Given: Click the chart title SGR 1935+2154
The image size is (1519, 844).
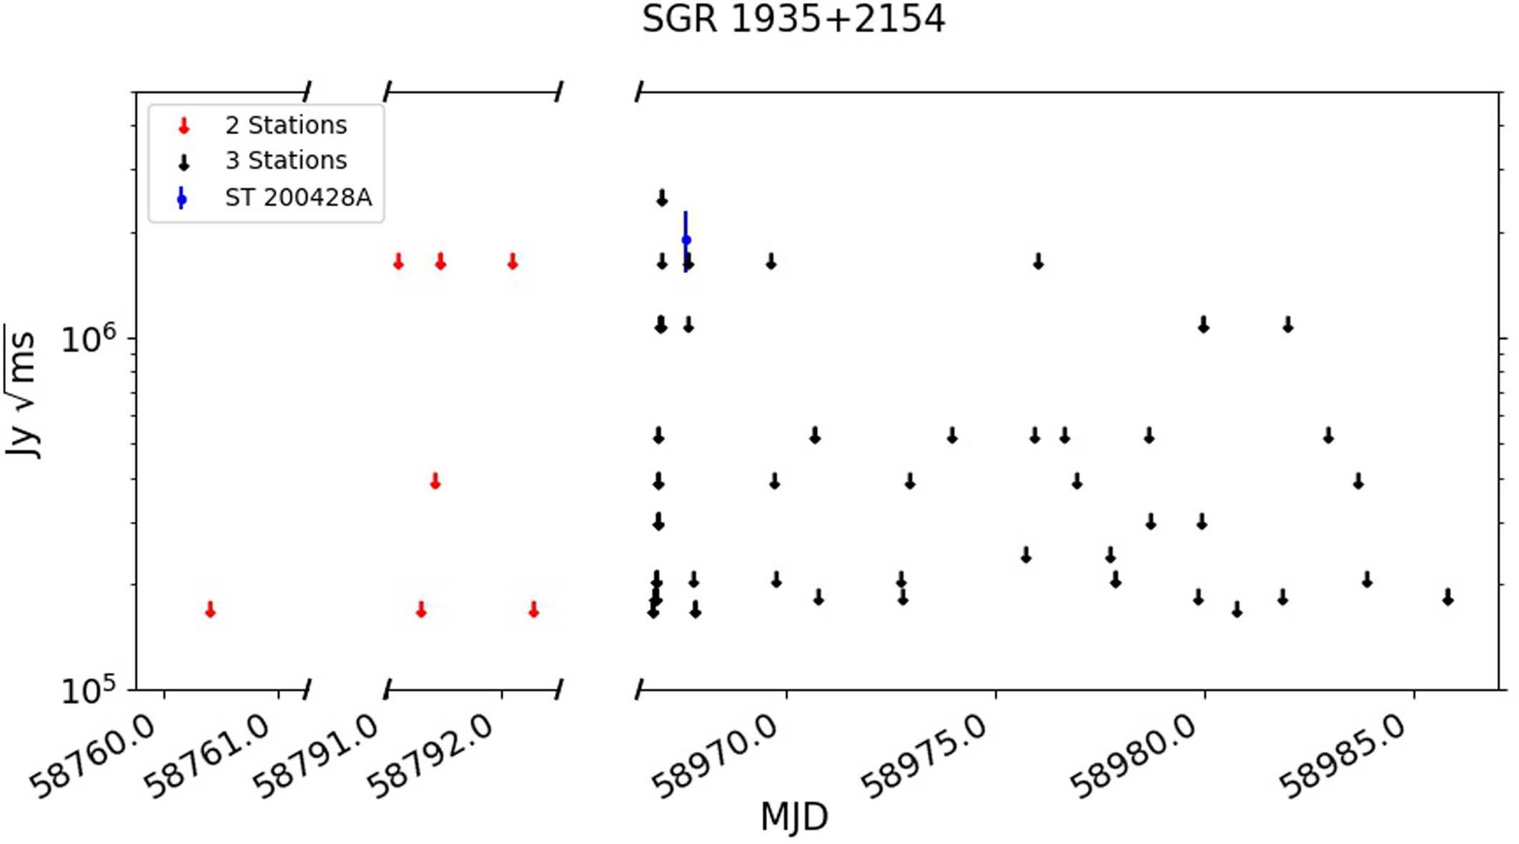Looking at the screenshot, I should [793, 19].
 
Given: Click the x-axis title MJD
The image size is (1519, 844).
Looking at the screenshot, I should [793, 816].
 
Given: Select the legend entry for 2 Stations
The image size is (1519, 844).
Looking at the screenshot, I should [286, 126].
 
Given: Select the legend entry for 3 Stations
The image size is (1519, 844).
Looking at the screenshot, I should [286, 161].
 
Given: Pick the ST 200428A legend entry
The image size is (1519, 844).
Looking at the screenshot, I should [298, 197].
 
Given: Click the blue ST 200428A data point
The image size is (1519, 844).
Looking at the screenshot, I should [686, 240].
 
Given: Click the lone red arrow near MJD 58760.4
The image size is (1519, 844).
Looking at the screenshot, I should [210, 610].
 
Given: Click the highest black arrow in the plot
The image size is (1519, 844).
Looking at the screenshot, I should [662, 198].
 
